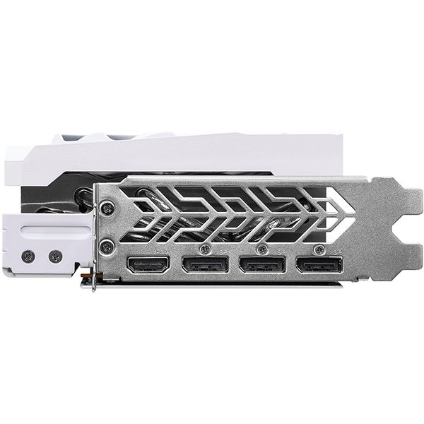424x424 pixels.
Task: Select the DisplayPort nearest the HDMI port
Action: click(x=205, y=266)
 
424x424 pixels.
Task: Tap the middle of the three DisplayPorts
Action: click(x=262, y=266)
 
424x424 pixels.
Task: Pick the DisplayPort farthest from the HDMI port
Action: click(x=319, y=266)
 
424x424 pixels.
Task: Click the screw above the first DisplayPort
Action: click(x=205, y=249)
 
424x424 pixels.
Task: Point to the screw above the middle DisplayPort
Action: click(x=262, y=249)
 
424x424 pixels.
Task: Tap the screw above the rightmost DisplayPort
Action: click(x=319, y=249)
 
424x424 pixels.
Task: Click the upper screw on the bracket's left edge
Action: click(x=107, y=208)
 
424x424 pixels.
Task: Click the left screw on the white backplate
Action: click(x=28, y=257)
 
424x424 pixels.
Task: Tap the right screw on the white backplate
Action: click(x=55, y=257)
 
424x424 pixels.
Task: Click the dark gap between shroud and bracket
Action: click(x=212, y=174)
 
